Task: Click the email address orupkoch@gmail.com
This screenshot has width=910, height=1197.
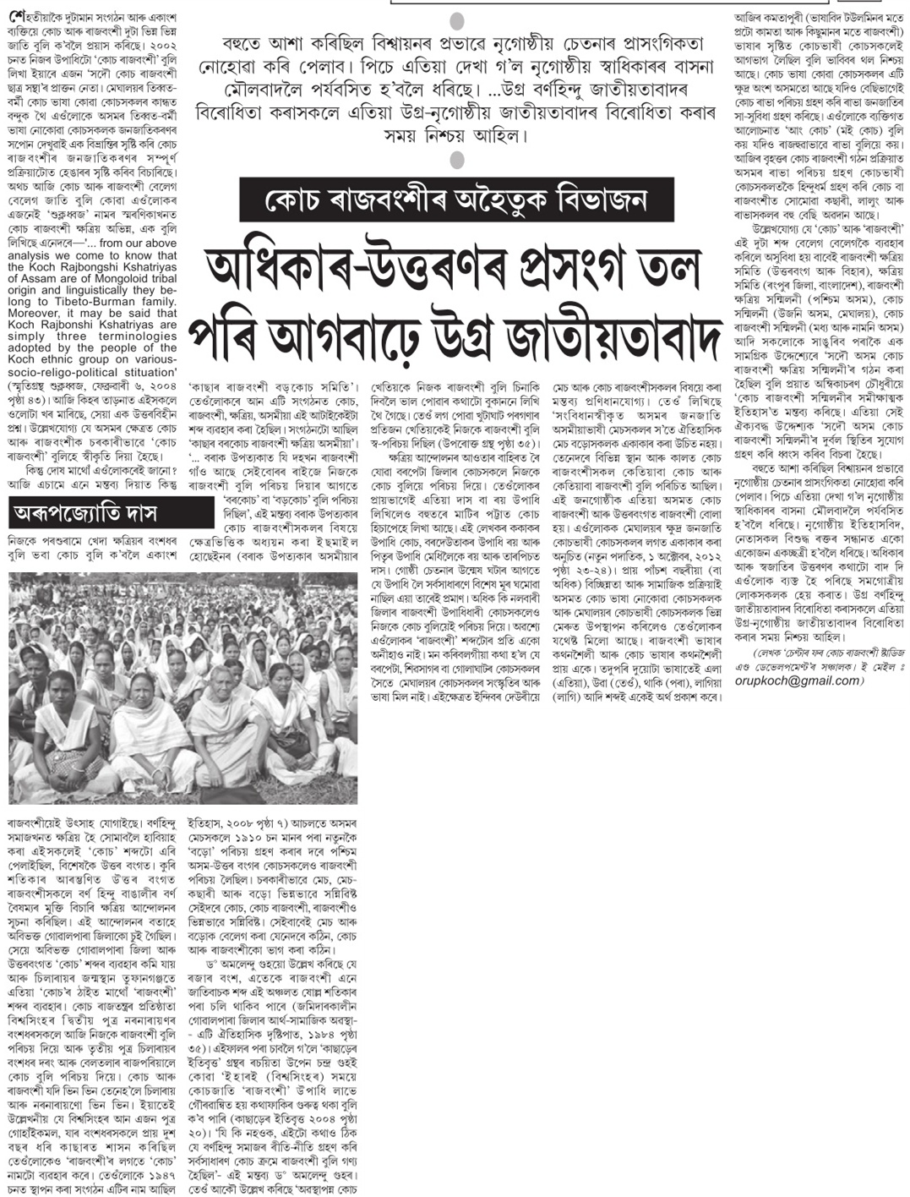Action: [802, 657]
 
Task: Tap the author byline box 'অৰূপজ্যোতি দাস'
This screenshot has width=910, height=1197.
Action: [95, 512]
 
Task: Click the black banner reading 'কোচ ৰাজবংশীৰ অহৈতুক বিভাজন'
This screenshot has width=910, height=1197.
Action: [444, 201]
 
